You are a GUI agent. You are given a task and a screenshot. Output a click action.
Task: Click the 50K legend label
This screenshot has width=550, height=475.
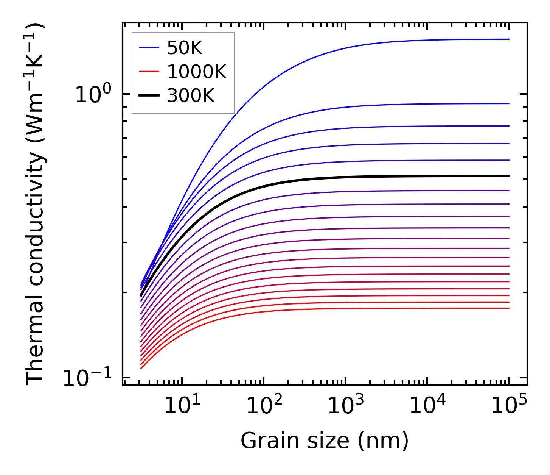click(185, 48)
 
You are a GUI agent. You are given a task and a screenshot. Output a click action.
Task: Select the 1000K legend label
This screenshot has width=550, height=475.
click(197, 72)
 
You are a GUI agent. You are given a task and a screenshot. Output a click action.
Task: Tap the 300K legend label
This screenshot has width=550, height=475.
click(191, 96)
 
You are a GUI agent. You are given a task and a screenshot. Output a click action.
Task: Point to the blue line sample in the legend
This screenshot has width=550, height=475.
click(149, 48)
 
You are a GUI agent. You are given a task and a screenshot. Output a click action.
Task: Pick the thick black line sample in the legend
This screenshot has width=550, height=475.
click(149, 96)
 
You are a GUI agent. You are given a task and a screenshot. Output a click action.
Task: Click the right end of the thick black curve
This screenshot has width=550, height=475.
click(509, 176)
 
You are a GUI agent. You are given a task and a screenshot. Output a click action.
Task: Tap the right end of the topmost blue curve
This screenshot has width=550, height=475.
click(509, 39)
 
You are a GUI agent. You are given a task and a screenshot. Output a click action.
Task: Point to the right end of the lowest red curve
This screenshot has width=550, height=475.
click(509, 308)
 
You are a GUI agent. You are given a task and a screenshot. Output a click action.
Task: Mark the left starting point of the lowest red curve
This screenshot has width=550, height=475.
click(141, 368)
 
